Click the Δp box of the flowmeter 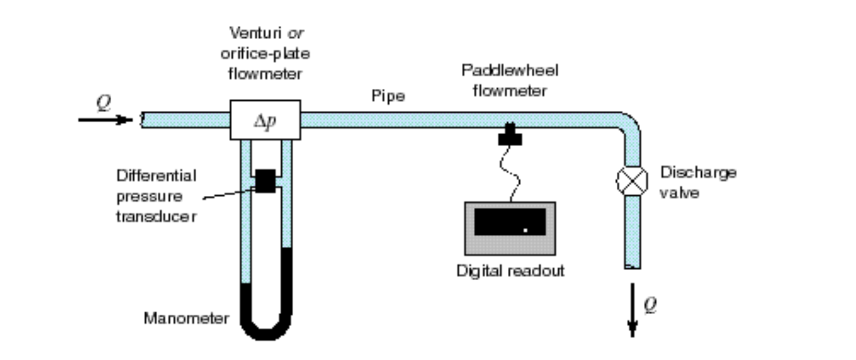click(265, 120)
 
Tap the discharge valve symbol click(632, 181)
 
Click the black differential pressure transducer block click(266, 181)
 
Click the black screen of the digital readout click(510, 222)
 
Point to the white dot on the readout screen click(525, 230)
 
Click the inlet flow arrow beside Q click(105, 119)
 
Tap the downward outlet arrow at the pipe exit click(632, 310)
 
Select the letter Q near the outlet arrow click(650, 304)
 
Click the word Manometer click(186, 318)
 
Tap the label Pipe click(388, 96)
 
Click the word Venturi click(255, 33)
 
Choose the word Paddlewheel click(510, 71)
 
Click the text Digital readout click(510, 271)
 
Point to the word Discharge click(698, 172)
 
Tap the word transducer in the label click(156, 216)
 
